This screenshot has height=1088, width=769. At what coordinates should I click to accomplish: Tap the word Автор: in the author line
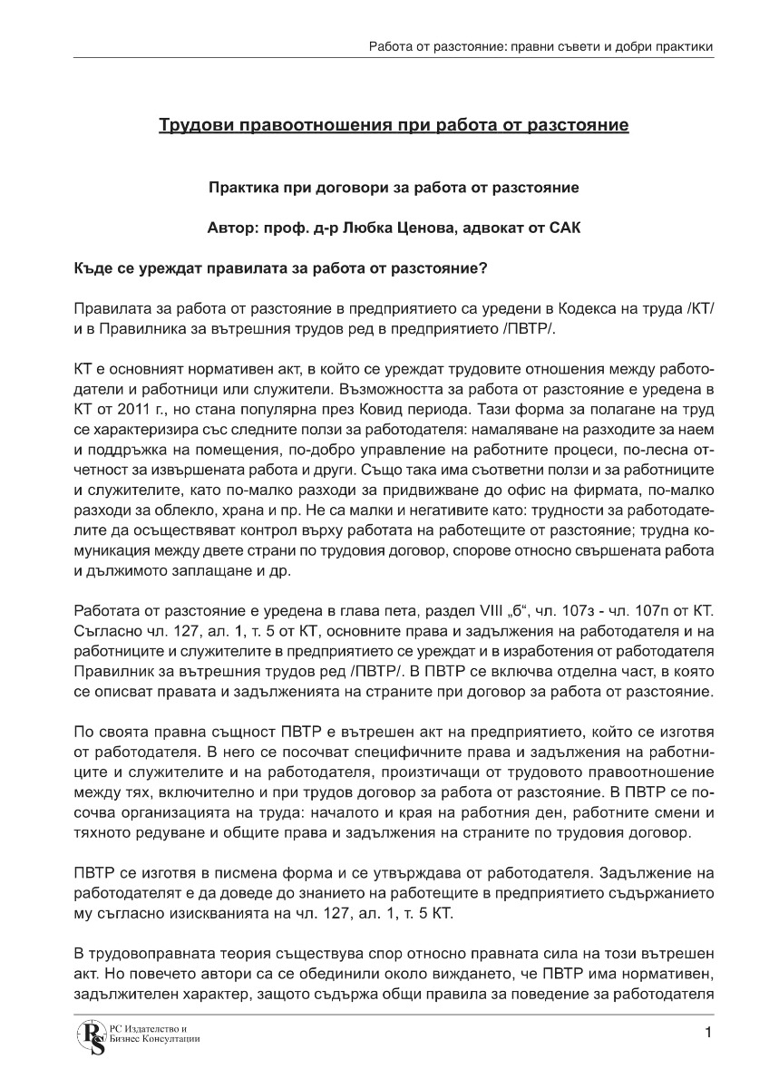coord(233,228)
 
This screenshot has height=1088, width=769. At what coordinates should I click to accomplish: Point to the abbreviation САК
coord(564,228)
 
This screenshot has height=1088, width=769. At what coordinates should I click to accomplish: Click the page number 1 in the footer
coord(707,1033)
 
